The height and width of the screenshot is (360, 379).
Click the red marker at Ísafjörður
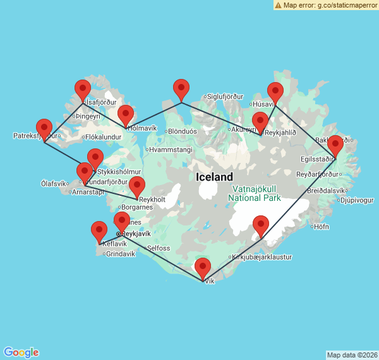[83, 91]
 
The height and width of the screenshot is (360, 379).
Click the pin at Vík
[203, 268]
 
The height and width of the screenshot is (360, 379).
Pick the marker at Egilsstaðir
[335, 146]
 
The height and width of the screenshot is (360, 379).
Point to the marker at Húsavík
[275, 93]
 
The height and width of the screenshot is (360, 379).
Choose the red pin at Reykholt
[137, 188]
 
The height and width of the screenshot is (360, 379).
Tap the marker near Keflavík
[99, 232]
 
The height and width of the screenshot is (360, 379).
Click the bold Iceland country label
[214, 177]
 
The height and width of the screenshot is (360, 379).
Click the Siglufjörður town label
[225, 97]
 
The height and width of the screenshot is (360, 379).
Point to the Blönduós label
[183, 131]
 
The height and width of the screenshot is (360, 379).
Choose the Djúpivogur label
[358, 201]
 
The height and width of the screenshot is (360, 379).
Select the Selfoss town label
[158, 248]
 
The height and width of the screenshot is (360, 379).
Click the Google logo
[21, 352]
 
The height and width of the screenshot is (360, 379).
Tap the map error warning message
[325, 5]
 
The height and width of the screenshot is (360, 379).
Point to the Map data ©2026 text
[351, 355]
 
